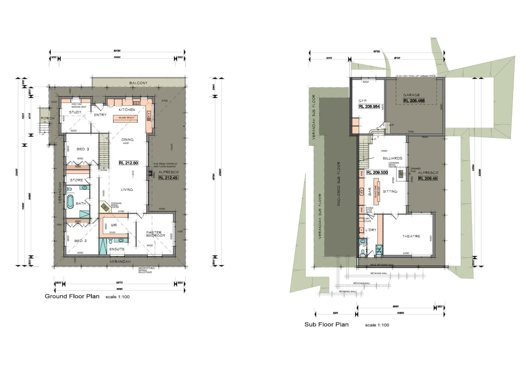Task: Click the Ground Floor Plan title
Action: pyautogui.click(x=72, y=296)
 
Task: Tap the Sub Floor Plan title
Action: pyautogui.click(x=326, y=324)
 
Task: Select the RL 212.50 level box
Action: pyautogui.click(x=128, y=163)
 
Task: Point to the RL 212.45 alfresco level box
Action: pyautogui.click(x=167, y=178)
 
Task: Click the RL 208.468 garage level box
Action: pyautogui.click(x=414, y=101)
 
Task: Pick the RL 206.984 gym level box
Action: pyautogui.click(x=369, y=107)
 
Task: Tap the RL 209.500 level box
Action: pyautogui.click(x=377, y=172)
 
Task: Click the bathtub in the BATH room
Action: pyautogui.click(x=70, y=201)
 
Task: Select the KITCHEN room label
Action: pyautogui.click(x=127, y=110)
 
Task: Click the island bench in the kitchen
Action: pyautogui.click(x=126, y=118)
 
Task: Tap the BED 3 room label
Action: pyautogui.click(x=83, y=149)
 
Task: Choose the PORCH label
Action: pyautogui.click(x=47, y=118)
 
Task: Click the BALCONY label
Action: pyautogui.click(x=138, y=83)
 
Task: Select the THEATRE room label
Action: pyautogui.click(x=411, y=236)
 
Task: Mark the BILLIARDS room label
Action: pyautogui.click(x=392, y=158)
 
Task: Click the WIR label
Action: pyautogui.click(x=113, y=225)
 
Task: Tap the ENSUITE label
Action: pyautogui.click(x=117, y=249)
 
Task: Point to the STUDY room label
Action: pyautogui.click(x=75, y=112)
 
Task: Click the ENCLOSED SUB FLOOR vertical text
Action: pyautogui.click(x=339, y=184)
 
